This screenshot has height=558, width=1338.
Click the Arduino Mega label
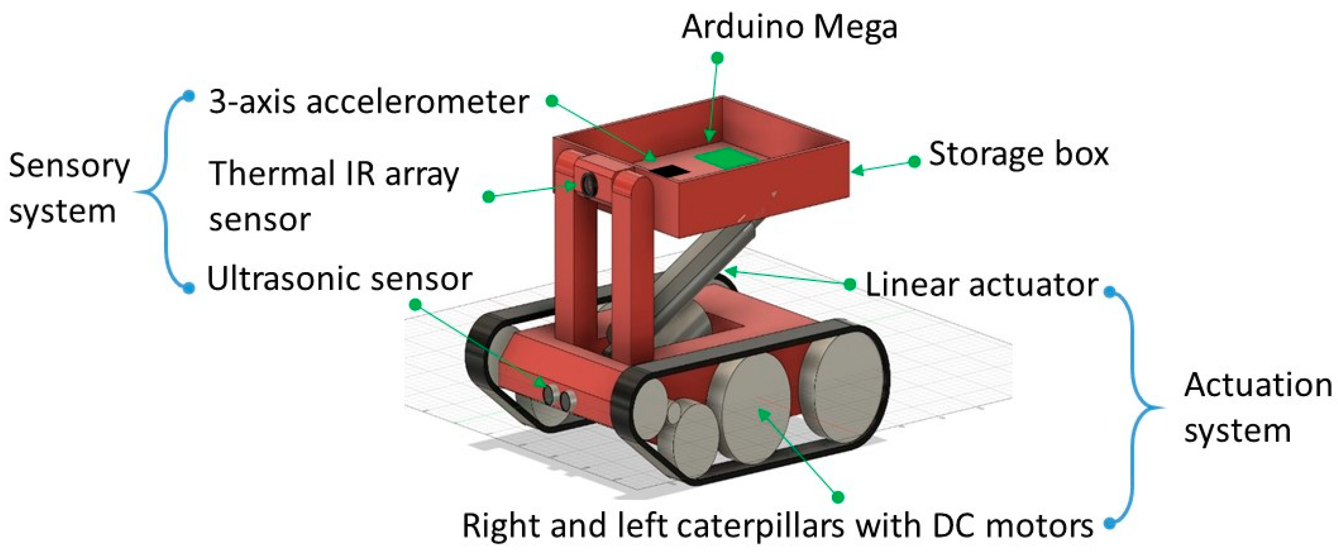point(789,27)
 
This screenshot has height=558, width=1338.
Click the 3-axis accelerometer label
point(368,102)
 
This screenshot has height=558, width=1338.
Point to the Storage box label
point(1018,154)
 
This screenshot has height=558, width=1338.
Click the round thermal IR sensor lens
point(589,184)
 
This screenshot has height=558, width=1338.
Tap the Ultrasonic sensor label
point(339,279)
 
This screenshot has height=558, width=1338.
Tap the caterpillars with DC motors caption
point(777,526)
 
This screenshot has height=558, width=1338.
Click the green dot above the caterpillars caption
point(838,497)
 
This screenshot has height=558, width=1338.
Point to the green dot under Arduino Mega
point(717,58)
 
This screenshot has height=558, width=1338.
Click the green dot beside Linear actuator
point(850,284)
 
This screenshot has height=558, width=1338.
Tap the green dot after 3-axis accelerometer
point(552,101)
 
